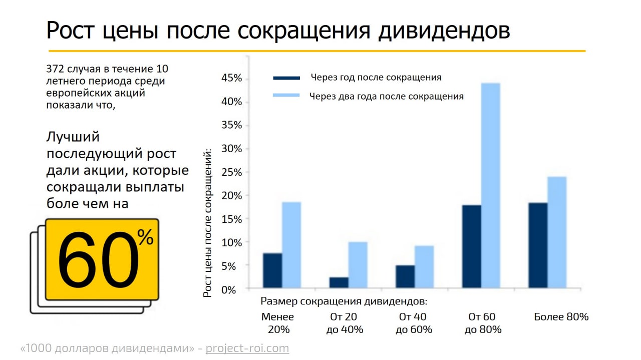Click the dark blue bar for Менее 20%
click(272, 270)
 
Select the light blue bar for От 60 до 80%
click(490, 185)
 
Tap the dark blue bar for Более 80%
click(538, 245)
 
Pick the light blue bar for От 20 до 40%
click(358, 265)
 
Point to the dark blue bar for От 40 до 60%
click(405, 276)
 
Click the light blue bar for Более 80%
click(557, 232)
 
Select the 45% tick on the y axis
click(231, 78)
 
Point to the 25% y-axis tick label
click(231, 172)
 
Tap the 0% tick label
click(234, 289)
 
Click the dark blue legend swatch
click(286, 78)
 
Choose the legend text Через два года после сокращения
click(386, 96)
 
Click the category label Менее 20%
click(278, 323)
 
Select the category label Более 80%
click(561, 317)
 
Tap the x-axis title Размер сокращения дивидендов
click(344, 301)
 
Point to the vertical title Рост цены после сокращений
click(208, 222)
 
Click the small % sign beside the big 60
click(146, 238)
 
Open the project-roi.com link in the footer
click(247, 348)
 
